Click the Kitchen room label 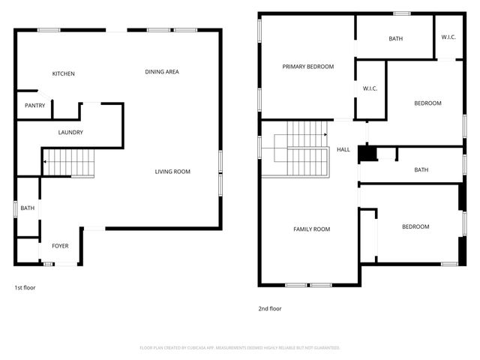[63, 73]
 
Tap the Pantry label [35, 106]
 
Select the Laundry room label [70, 133]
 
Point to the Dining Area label [162, 72]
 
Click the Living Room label [172, 172]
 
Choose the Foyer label [60, 246]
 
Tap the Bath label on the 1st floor [28, 208]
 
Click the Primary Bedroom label [307, 67]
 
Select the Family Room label [311, 229]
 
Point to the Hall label [343, 150]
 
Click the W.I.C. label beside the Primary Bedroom [370, 88]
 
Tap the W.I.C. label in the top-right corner [448, 37]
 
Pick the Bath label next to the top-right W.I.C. [395, 39]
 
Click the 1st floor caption [25, 288]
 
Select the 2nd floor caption [270, 308]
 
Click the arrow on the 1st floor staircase [46, 161]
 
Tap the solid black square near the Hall [366, 154]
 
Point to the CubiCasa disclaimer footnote [240, 348]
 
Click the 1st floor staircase [69, 162]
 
